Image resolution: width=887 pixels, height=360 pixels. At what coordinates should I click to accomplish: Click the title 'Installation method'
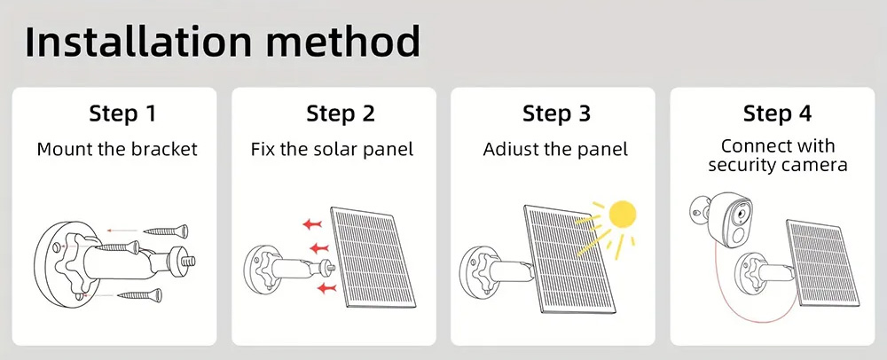coord(223,43)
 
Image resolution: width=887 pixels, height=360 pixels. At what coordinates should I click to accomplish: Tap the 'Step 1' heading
coord(122,113)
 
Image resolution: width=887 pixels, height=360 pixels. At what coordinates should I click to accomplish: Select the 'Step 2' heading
coord(341,113)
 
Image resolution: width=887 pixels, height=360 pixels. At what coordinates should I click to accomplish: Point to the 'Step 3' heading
coord(557,113)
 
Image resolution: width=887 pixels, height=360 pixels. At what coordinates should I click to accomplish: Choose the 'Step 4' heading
coord(777,113)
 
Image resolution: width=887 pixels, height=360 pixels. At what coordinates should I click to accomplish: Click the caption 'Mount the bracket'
coord(117,149)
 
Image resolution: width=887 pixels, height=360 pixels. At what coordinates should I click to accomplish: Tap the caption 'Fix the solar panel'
coord(333,149)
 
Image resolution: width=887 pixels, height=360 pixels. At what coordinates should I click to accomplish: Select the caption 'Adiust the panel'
coord(555,149)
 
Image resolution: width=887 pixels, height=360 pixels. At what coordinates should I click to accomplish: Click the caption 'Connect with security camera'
coord(778,155)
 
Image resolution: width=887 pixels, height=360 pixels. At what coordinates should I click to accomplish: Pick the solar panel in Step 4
coord(822,264)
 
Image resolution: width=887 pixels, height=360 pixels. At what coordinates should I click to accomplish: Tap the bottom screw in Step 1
coord(140,295)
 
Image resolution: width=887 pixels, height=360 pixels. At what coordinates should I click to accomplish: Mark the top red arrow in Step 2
coord(312,224)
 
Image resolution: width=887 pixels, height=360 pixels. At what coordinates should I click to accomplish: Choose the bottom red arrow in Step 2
coord(327,289)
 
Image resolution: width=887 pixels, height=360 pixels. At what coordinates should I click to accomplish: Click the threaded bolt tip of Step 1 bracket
coord(189,261)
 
